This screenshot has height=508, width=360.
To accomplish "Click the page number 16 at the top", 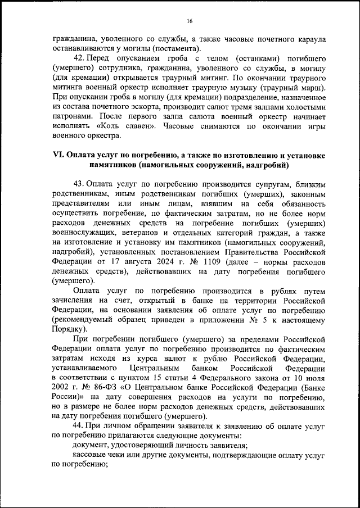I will (190, 21).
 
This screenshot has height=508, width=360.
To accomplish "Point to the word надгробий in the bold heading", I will (264, 165).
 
